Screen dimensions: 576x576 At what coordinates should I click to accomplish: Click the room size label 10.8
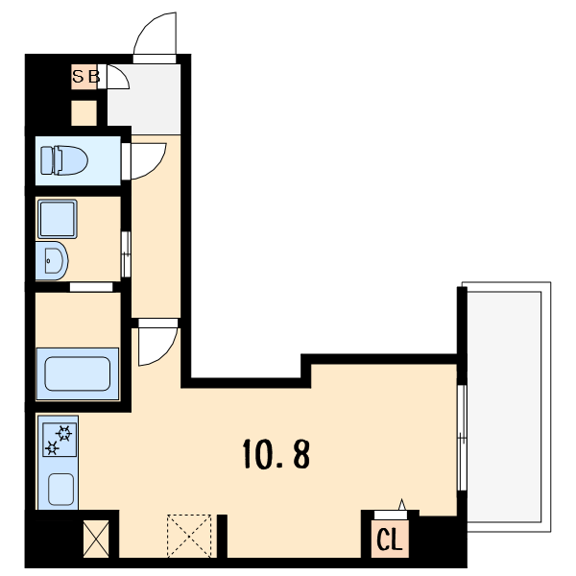[276, 454]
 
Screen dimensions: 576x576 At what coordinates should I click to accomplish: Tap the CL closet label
[390, 540]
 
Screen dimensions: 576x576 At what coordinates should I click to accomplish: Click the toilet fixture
[64, 160]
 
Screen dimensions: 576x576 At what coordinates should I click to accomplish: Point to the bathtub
[77, 374]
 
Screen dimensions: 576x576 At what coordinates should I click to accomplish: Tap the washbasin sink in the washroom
[52, 261]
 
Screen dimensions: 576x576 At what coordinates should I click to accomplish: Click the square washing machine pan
[58, 219]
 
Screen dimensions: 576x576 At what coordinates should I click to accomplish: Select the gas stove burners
[60, 440]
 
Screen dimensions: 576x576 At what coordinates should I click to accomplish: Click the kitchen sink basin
[61, 490]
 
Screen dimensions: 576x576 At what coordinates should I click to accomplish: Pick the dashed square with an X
[189, 536]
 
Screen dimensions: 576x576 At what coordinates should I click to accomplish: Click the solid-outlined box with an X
[96, 539]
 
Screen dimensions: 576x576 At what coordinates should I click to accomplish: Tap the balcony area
[506, 407]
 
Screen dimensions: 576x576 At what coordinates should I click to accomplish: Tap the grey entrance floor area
[144, 99]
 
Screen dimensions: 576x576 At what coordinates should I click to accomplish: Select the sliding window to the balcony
[462, 438]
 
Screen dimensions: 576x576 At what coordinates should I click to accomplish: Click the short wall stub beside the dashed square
[222, 536]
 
